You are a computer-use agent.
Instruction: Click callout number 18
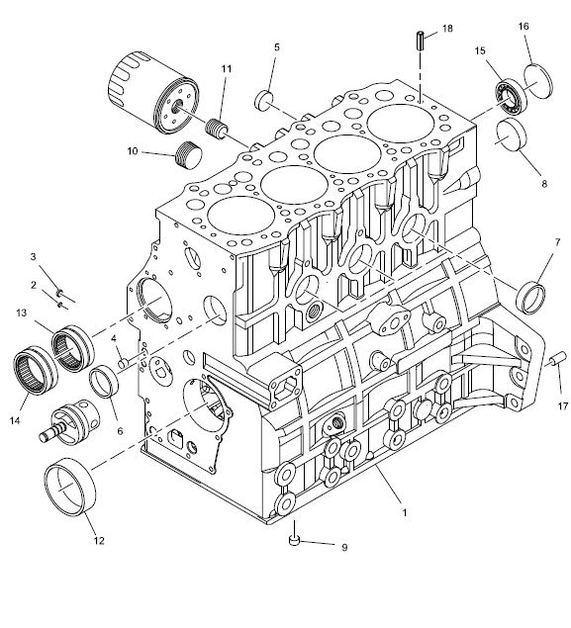click(x=447, y=29)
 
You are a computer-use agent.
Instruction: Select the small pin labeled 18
click(x=421, y=41)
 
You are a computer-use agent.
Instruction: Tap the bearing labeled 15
click(x=510, y=97)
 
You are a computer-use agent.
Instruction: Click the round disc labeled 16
click(x=538, y=81)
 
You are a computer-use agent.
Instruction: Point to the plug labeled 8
click(x=511, y=135)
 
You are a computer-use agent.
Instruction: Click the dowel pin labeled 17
click(x=557, y=358)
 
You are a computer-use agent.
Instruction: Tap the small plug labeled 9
click(x=295, y=540)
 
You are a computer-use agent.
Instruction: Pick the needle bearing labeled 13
click(x=73, y=348)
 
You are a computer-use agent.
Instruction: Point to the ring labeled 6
click(x=104, y=382)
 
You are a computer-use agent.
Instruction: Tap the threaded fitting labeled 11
click(x=217, y=129)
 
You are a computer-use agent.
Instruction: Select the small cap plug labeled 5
click(x=263, y=100)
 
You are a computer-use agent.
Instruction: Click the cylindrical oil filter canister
click(x=153, y=92)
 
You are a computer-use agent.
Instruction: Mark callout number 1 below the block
click(x=405, y=512)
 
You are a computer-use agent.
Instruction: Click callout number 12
click(x=99, y=541)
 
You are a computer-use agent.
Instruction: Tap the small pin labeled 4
click(x=123, y=363)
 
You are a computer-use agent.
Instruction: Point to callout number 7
click(x=557, y=242)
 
